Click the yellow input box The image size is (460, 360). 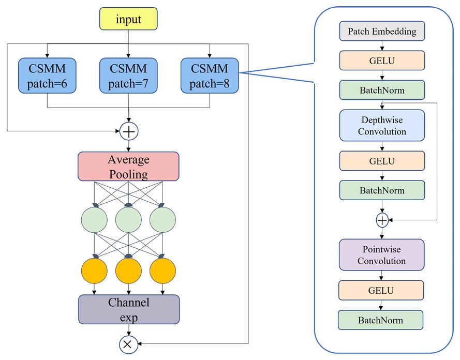pyautogui.click(x=128, y=19)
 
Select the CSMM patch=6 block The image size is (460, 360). pyautogui.click(x=47, y=76)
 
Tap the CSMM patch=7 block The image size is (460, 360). pyautogui.click(x=128, y=76)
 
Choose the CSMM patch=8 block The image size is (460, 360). pyautogui.click(x=210, y=76)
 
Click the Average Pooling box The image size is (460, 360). pyautogui.click(x=128, y=166)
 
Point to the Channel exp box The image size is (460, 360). pyautogui.click(x=129, y=309)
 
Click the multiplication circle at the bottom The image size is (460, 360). pyautogui.click(x=128, y=344)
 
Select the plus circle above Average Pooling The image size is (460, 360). pyautogui.click(x=129, y=131)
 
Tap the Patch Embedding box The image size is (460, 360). pyautogui.click(x=382, y=31)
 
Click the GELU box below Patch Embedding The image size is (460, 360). pyautogui.click(x=382, y=61)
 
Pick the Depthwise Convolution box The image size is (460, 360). pyautogui.click(x=382, y=126)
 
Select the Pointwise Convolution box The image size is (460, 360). pyautogui.click(x=381, y=255)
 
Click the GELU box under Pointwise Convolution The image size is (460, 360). pyautogui.click(x=381, y=290)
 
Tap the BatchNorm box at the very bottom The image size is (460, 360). pyautogui.click(x=380, y=320)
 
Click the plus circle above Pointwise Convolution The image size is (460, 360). pyautogui.click(x=382, y=220)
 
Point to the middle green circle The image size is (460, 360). pyautogui.click(x=128, y=220)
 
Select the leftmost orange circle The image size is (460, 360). pyautogui.click(x=94, y=271)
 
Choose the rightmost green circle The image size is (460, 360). pyautogui.click(x=162, y=220)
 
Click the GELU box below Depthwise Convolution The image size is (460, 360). pyautogui.click(x=382, y=161)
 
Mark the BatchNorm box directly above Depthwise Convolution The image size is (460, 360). pyautogui.click(x=382, y=90)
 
